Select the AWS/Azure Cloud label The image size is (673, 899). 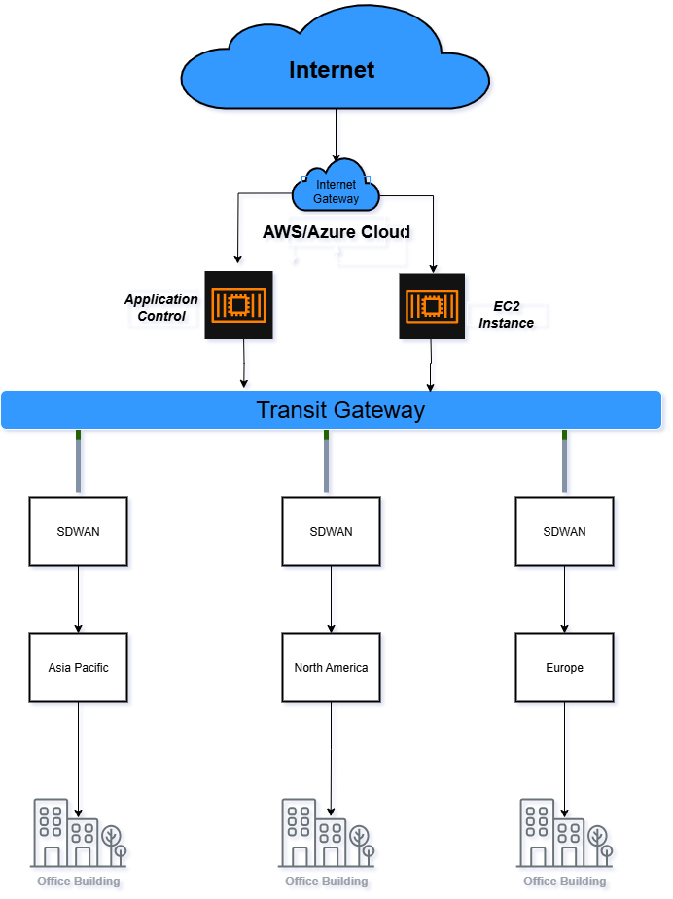tap(336, 233)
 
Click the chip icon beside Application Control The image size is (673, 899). tap(238, 305)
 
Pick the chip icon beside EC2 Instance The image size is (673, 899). tap(432, 305)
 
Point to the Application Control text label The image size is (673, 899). tap(161, 307)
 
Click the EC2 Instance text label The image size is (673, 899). tap(506, 315)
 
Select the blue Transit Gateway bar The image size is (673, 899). tap(332, 409)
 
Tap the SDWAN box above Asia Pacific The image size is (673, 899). tap(79, 532)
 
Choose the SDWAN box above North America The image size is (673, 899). tap(331, 532)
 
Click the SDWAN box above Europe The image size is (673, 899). tap(564, 532)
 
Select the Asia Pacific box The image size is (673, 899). tap(79, 668)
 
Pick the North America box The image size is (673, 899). tap(331, 668)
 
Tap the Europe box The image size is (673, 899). tap(564, 668)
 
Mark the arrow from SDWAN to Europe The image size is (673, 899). tap(564, 600)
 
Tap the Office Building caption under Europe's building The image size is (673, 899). tap(565, 882)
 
